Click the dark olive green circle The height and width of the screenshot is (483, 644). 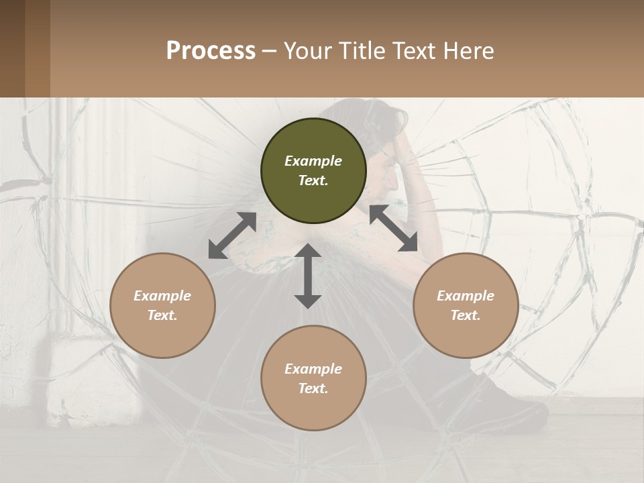[313, 171]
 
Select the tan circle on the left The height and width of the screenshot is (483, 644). [162, 305]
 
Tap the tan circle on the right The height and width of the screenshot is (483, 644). [466, 305]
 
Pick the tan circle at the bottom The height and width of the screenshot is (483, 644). [313, 378]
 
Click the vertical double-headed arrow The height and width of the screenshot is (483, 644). [308, 276]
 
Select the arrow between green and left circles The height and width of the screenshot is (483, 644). [233, 235]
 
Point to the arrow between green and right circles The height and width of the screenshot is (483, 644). [393, 228]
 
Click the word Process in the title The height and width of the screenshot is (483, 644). [211, 50]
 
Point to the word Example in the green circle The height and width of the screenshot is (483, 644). [313, 161]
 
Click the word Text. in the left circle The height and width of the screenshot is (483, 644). [162, 315]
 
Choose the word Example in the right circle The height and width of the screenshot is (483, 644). [466, 296]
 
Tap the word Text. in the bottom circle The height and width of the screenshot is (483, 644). [313, 388]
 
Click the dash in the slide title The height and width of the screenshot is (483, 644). [269, 51]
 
